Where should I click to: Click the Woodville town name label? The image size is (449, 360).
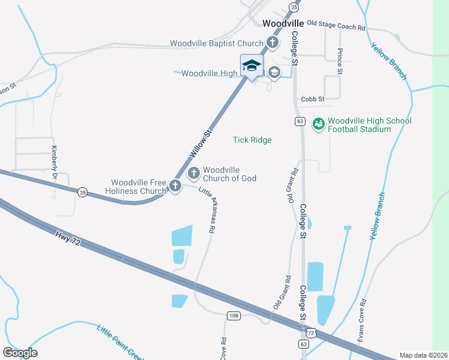pyautogui.click(x=286, y=23)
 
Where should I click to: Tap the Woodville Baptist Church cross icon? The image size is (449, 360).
pyautogui.click(x=273, y=43)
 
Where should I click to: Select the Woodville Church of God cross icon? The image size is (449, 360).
pyautogui.click(x=194, y=174)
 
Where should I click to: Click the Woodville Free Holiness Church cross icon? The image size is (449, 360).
pyautogui.click(x=175, y=186)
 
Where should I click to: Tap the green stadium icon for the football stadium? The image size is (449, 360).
pyautogui.click(x=318, y=124)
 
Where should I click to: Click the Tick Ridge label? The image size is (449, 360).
pyautogui.click(x=252, y=140)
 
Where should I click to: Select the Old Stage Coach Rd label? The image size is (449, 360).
pyautogui.click(x=336, y=26)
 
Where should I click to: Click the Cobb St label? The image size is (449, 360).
pyautogui.click(x=313, y=98)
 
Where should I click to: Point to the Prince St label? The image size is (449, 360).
pyautogui.click(x=340, y=61)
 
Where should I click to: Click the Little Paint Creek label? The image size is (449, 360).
pyautogui.click(x=120, y=342)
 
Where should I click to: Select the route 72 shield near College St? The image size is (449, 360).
pyautogui.click(x=310, y=332)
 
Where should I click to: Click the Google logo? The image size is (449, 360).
pyautogui.click(x=20, y=353)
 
